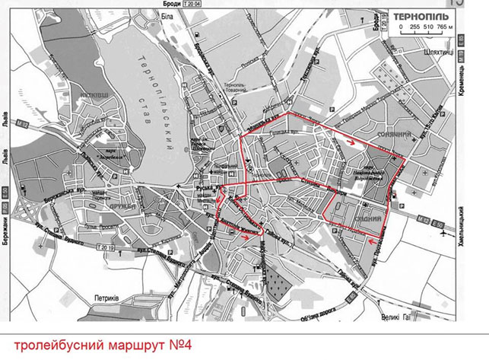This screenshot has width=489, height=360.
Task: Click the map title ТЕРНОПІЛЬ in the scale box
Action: click(425, 14)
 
